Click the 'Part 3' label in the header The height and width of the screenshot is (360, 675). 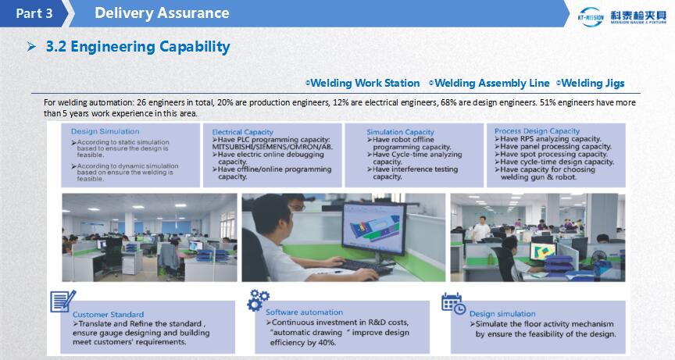coord(34,13)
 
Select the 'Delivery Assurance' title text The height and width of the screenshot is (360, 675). coord(162,13)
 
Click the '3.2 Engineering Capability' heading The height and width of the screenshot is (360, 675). coord(137,46)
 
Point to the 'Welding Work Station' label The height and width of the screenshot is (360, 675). coord(365,83)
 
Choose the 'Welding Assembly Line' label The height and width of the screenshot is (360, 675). coord(492,83)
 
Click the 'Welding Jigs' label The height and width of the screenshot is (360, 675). coord(593,83)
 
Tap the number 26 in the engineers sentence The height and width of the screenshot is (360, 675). coord(141,102)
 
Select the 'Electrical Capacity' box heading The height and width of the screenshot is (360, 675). coord(242,132)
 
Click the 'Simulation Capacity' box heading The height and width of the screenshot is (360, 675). coord(400,132)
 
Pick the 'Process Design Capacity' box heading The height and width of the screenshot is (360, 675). coord(537,130)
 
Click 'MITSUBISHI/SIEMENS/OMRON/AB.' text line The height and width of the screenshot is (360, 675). coord(272,147)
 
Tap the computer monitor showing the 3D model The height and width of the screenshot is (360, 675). coord(374,228)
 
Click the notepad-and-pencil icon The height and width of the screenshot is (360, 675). coord(62,301)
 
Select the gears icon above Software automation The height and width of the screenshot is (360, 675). coord(258,300)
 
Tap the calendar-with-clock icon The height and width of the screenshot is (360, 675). coord(453,303)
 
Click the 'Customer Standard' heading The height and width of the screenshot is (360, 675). coord(108,315)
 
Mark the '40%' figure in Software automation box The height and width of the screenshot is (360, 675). coord(327,342)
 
